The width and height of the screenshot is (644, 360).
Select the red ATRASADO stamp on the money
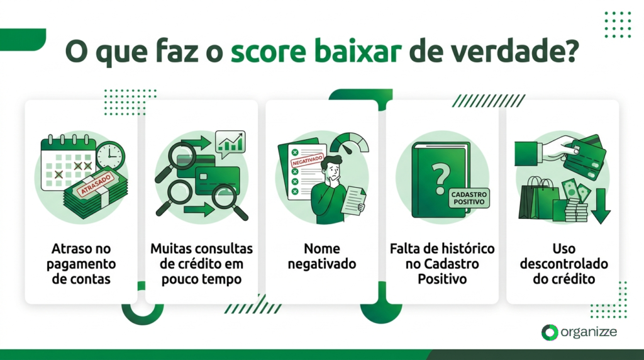(94, 184)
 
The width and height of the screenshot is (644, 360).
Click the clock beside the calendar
(111, 154)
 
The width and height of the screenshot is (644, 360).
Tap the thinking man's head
(331, 168)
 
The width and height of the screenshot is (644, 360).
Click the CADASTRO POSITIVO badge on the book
(467, 199)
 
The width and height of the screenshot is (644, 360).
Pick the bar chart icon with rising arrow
(230, 143)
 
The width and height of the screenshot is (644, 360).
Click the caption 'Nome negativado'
(322, 256)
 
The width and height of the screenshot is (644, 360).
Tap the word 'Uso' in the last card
(563, 249)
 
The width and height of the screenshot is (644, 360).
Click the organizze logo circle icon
(550, 332)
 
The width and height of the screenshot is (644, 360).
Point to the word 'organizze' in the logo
(590, 332)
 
